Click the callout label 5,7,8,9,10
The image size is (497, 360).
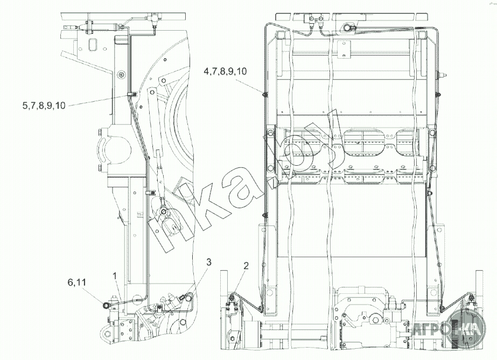pos(44,105)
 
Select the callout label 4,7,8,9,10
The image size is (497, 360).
pos(225,71)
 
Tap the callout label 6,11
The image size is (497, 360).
pos(76,282)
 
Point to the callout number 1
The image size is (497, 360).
pos(115,276)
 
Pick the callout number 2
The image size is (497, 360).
pos(246,266)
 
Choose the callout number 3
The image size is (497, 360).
pos(208,262)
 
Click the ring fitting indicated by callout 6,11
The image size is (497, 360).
pos(106,305)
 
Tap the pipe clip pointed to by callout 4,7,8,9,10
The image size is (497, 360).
pos(264,94)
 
